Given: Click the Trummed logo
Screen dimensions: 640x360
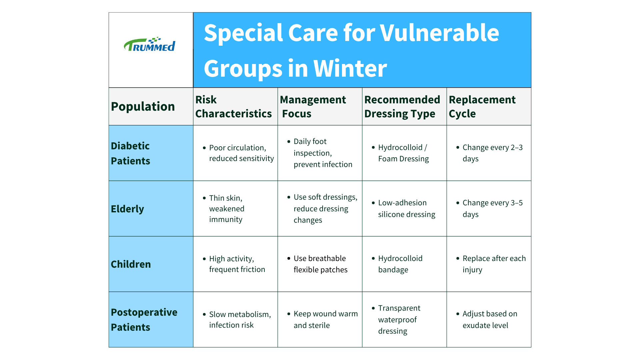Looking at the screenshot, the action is tap(149, 44).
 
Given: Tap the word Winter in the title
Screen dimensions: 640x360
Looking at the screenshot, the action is tap(350, 68).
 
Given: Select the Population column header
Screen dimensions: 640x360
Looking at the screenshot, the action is tap(143, 106).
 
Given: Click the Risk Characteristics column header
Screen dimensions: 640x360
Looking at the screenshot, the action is tap(233, 107).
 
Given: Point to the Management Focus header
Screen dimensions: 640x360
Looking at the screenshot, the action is tap(313, 107).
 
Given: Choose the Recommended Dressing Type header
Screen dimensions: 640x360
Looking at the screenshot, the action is tap(402, 107).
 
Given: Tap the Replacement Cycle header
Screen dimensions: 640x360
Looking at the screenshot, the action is tap(482, 107).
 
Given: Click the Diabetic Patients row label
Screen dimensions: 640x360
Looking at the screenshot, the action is tap(130, 153).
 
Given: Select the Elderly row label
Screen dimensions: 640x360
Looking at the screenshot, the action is tap(127, 209).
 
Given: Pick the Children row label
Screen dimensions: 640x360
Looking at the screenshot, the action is tap(131, 264).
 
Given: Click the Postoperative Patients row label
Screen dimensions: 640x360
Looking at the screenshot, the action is tap(144, 320).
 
